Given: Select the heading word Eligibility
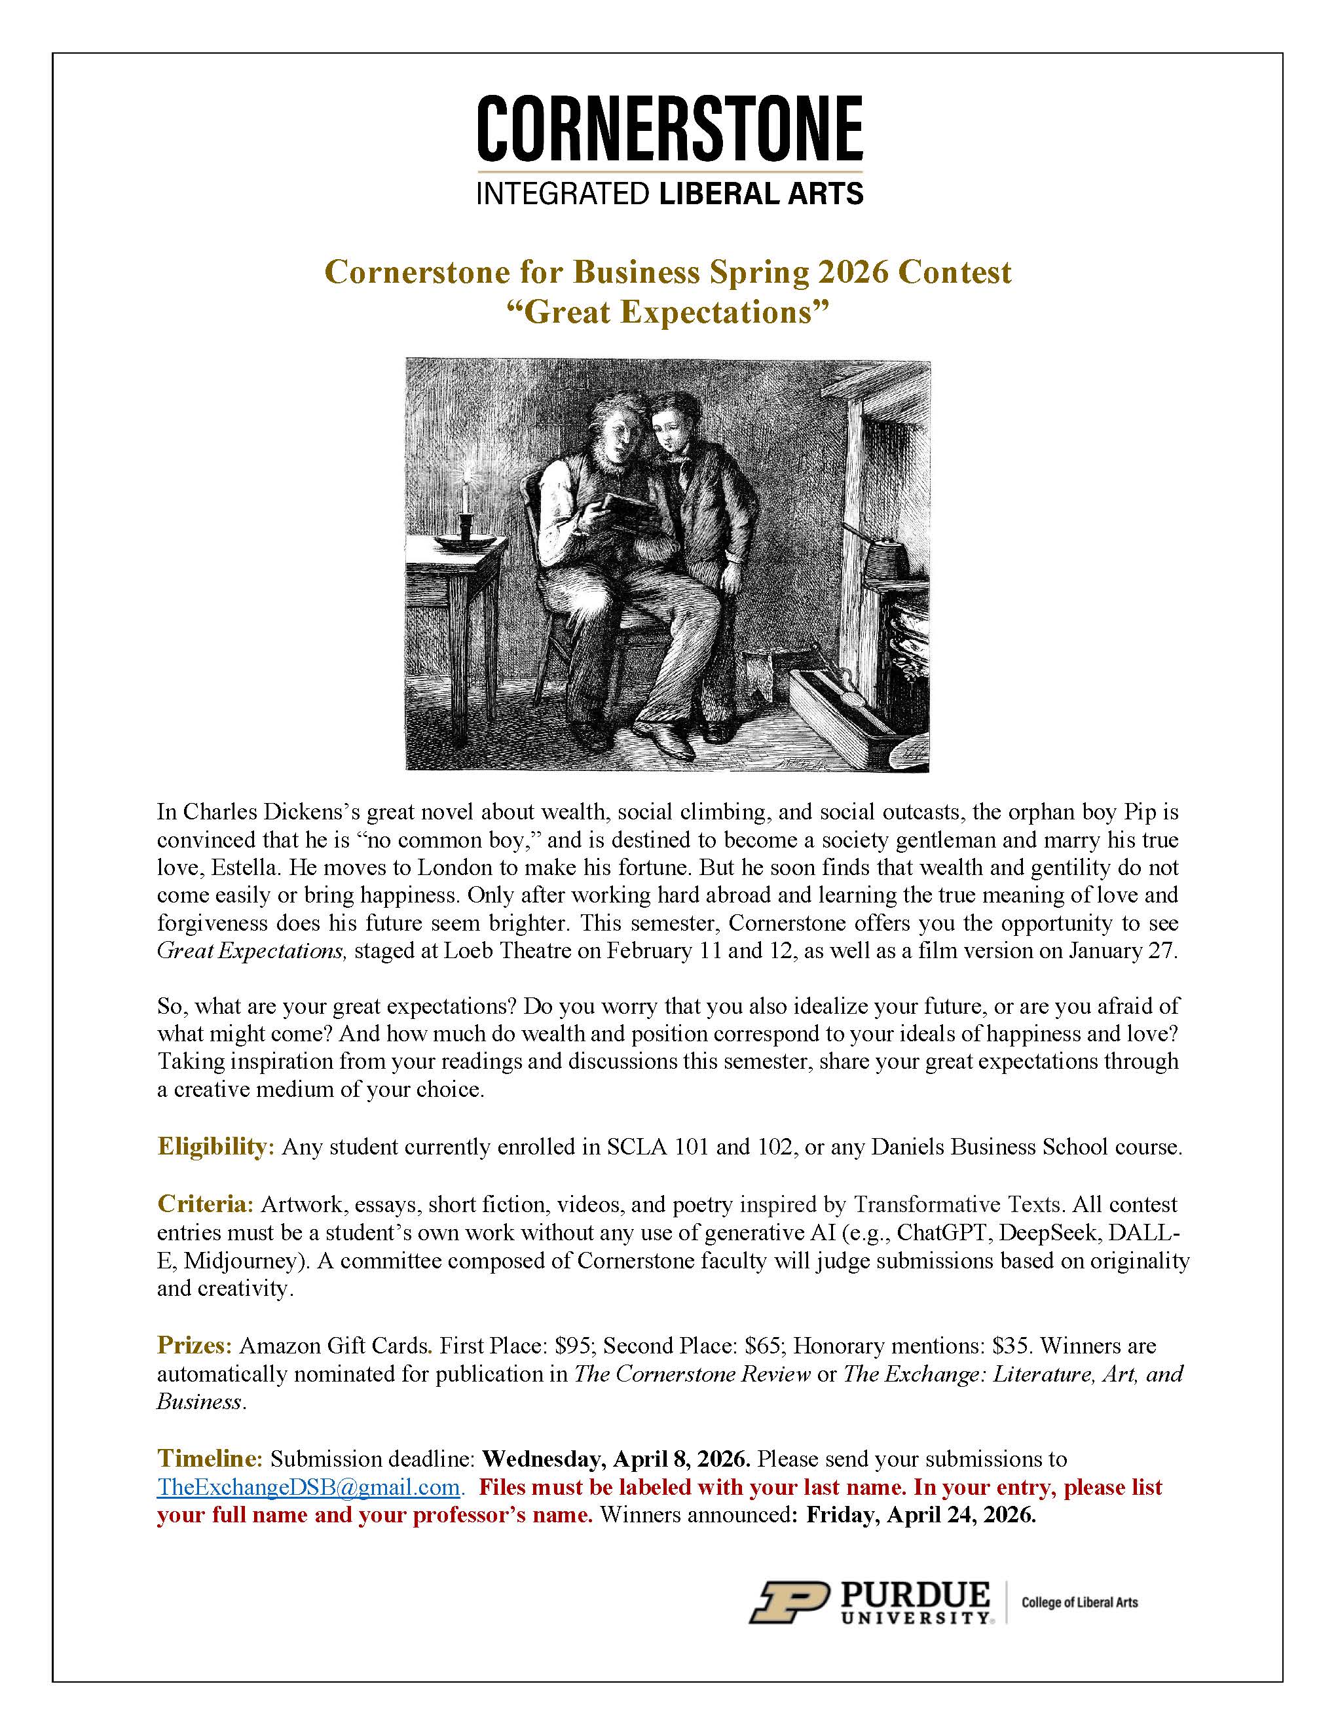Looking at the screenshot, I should coord(215,1147).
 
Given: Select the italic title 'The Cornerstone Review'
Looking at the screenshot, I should coord(692,1374).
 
